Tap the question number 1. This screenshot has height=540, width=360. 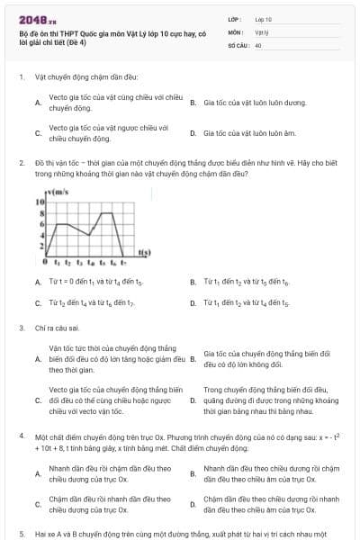[21, 77]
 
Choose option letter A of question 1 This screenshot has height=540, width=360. [37, 103]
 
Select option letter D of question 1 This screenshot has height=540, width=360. [193, 133]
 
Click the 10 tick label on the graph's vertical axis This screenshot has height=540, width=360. [40, 202]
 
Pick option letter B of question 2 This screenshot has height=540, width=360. [193, 283]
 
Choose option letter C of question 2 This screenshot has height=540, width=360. [37, 303]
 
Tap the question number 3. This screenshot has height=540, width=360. [21, 328]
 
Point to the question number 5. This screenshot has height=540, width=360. [21, 534]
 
